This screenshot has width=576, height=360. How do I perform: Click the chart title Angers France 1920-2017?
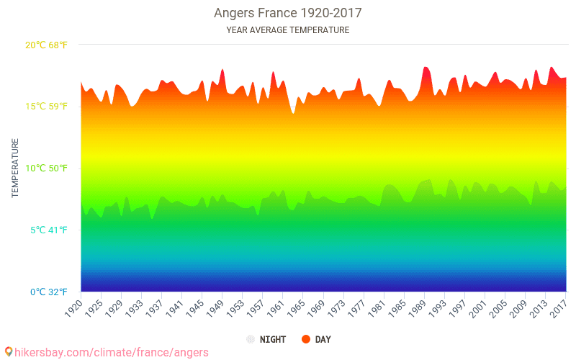pos(287,13)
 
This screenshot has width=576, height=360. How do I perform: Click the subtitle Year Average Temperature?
pos(287,30)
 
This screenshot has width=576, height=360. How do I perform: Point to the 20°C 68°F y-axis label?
pos(46,45)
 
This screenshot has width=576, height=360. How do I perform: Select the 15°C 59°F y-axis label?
pos(46,107)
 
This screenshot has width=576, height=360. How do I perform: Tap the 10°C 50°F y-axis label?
pos(46,168)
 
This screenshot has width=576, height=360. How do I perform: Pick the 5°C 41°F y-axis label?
pos(48,230)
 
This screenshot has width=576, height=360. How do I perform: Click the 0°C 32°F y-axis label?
pos(48,292)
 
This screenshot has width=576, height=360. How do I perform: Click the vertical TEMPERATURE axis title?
pos(15,168)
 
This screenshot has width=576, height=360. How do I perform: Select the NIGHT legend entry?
pos(271,339)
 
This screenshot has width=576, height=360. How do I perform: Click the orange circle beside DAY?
pos(306,339)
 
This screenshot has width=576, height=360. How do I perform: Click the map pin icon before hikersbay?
pos(8,351)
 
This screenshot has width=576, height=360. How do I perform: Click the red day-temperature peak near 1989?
pos(426,68)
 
